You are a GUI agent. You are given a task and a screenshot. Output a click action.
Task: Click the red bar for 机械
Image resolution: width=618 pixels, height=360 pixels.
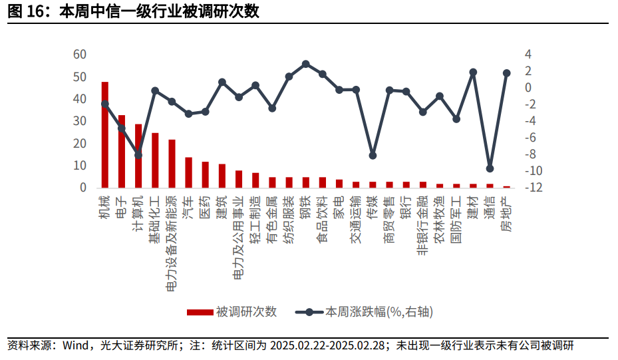point(105,134)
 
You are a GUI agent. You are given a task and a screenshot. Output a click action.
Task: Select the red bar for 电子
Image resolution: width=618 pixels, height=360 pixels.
point(122,151)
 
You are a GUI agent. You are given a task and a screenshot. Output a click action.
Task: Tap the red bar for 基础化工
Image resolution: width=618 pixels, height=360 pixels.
point(155,160)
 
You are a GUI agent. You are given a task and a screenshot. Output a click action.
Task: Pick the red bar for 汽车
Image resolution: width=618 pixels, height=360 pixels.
point(188,172)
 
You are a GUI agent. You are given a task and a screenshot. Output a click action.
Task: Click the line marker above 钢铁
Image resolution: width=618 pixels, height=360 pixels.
point(305,64)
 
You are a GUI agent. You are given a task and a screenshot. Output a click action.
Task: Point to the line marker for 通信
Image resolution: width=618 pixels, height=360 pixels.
point(490,168)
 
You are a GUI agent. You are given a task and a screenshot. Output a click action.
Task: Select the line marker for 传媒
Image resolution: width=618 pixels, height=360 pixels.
point(373,155)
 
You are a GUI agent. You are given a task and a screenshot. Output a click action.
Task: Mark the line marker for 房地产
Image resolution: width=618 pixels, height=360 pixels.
point(506,73)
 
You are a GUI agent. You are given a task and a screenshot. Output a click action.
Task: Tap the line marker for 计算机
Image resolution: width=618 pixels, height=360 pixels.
point(138,155)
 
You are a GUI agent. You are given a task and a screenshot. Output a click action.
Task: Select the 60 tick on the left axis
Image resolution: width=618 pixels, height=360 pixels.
point(80,55)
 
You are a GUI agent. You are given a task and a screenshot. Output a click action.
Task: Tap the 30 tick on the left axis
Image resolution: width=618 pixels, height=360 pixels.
point(80,121)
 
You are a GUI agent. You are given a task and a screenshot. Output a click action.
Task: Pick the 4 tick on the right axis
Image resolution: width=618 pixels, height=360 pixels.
point(528,55)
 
